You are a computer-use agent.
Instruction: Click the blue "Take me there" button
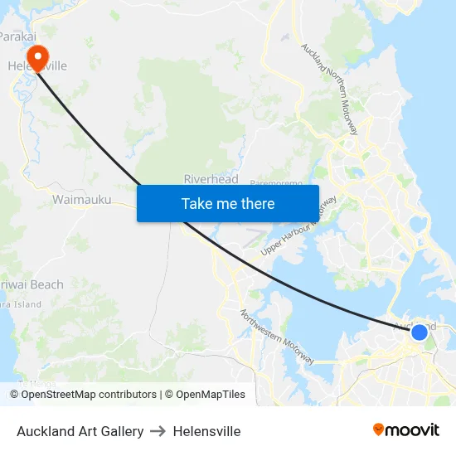(227, 203)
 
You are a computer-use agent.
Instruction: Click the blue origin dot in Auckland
(420, 332)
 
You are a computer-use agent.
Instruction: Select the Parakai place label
(17, 36)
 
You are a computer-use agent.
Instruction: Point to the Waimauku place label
(81, 200)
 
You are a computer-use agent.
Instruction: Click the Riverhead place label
(211, 179)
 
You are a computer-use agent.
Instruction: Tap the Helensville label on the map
(37, 65)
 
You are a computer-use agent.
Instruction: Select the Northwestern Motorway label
(277, 337)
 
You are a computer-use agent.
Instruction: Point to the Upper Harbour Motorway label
(298, 226)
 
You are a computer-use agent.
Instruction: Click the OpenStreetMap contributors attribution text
(88, 395)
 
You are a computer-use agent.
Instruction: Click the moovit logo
(405, 429)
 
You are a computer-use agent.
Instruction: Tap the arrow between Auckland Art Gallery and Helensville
(158, 431)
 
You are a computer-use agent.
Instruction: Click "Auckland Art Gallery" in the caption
(80, 431)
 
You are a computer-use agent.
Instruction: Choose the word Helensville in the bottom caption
(206, 431)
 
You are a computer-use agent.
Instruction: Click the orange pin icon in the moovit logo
(379, 429)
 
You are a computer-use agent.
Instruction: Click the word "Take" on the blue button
(197, 203)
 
